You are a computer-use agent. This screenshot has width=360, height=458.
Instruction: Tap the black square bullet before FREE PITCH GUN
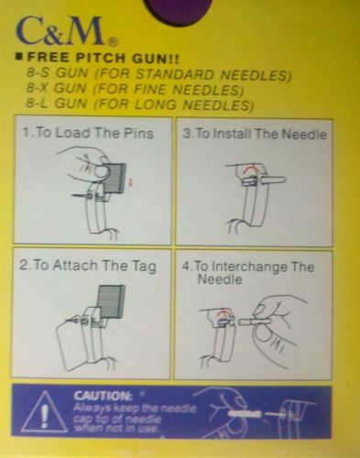19,57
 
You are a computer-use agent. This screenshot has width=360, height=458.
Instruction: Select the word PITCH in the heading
100,58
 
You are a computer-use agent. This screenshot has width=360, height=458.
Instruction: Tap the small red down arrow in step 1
131,182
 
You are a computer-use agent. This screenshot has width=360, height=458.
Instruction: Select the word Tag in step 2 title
144,267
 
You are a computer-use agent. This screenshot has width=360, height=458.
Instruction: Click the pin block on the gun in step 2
111,302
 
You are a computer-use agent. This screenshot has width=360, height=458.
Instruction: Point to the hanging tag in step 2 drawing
72,344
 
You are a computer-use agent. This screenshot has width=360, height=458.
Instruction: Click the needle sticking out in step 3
273,180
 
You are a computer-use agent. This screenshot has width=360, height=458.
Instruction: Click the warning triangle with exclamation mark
45,411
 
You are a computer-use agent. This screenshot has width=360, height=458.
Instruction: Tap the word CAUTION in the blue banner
103,397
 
